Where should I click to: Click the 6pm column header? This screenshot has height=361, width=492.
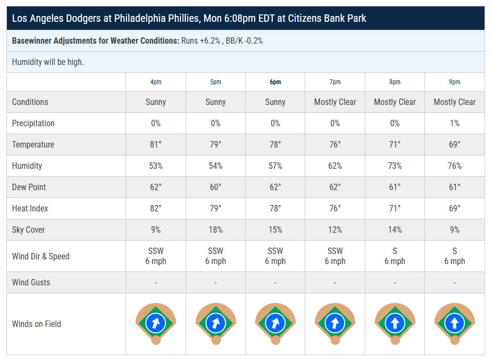(x=275, y=82)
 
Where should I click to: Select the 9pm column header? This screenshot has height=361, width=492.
(x=454, y=82)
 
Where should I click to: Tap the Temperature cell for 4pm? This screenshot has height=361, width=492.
(x=156, y=145)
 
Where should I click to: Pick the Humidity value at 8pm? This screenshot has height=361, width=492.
(x=395, y=166)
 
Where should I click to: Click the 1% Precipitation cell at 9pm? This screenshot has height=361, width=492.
(x=454, y=124)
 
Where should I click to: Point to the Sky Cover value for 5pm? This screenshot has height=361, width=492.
(x=215, y=230)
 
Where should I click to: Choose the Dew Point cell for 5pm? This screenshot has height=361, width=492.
(x=215, y=187)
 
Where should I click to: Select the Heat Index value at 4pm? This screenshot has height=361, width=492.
(x=156, y=209)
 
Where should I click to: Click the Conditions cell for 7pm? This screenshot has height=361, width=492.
(x=335, y=102)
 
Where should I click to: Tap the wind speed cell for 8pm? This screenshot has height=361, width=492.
(x=395, y=256)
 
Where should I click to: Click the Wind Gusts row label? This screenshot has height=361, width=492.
(x=31, y=283)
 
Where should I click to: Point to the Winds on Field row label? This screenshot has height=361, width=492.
(x=37, y=324)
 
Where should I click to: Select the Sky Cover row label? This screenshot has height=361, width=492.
(x=29, y=230)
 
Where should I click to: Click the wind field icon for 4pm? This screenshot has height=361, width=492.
(x=156, y=323)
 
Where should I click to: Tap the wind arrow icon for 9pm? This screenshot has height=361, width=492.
(x=454, y=323)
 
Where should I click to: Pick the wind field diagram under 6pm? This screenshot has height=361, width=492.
(x=275, y=323)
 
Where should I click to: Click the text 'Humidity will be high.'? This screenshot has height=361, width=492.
(x=48, y=62)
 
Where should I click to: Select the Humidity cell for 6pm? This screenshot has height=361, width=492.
(x=275, y=166)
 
